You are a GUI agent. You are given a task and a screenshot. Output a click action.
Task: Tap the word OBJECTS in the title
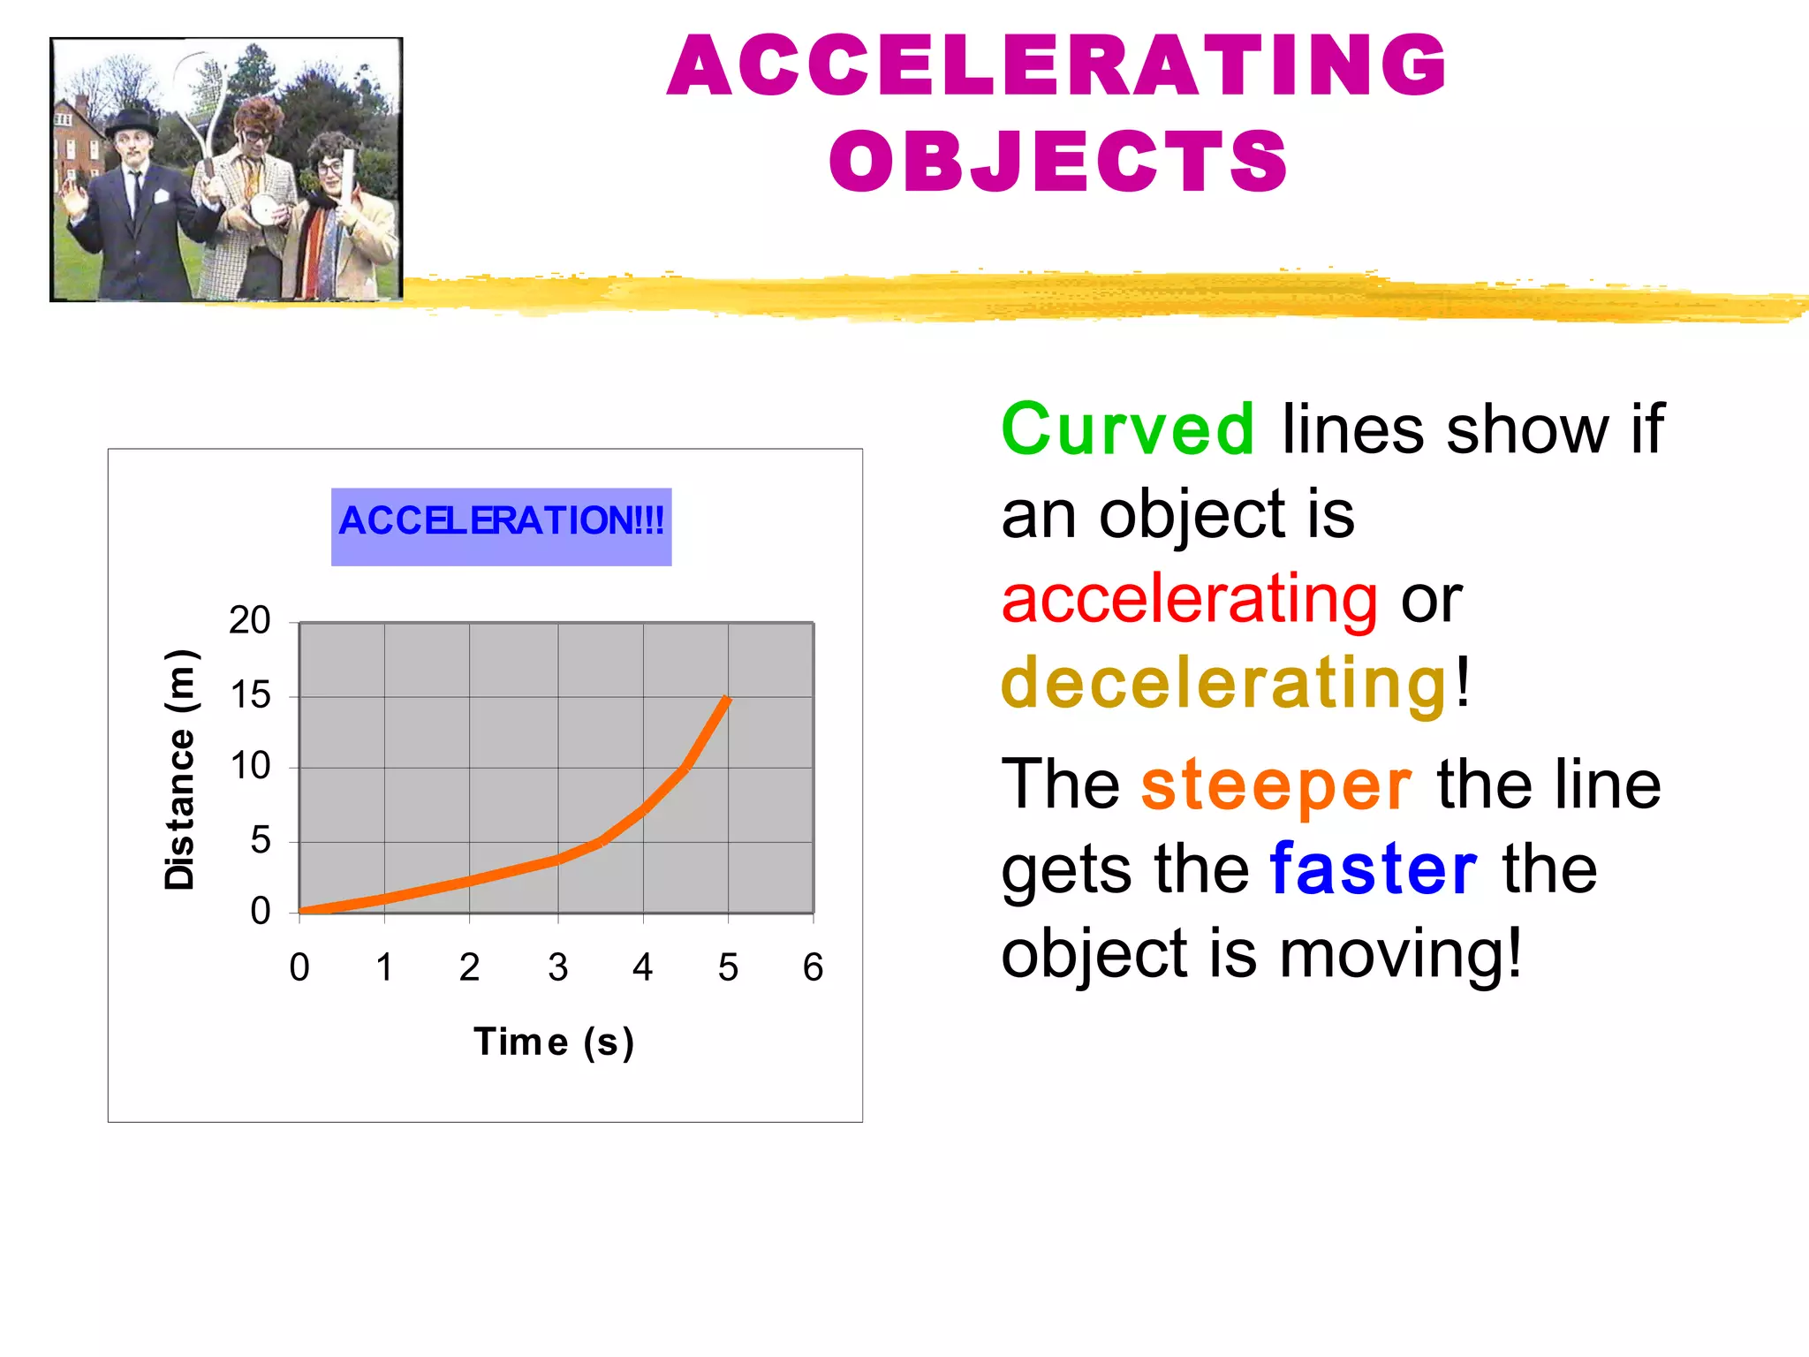1058,162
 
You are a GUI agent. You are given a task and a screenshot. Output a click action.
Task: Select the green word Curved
1127,429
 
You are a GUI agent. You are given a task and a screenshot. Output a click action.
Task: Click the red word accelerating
1189,599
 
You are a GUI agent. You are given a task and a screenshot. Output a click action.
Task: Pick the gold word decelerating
1224,683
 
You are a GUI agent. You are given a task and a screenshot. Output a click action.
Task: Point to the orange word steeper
1276,785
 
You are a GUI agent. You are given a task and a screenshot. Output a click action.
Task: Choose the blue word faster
1374,870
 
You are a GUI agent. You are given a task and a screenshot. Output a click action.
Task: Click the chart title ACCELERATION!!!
501,521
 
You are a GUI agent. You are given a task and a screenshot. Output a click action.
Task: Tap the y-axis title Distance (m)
180,769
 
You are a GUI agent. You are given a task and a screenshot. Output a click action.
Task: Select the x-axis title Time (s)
554,1042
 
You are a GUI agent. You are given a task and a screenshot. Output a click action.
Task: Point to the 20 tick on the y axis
249,621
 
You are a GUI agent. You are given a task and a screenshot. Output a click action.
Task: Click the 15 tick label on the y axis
250,696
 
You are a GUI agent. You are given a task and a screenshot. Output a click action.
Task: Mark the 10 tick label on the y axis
250,766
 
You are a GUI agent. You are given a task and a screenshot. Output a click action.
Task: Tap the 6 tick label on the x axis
813,967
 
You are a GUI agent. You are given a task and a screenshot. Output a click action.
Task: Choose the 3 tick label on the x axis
557,967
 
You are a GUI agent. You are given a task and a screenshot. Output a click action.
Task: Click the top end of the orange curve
726,700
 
